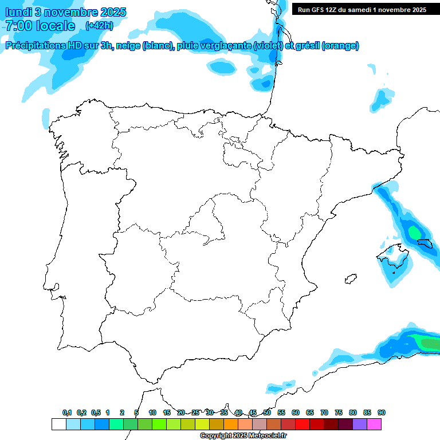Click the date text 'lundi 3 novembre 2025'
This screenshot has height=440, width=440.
click(66, 12)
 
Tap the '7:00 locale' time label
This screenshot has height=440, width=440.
click(40, 26)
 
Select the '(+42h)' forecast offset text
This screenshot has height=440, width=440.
click(99, 26)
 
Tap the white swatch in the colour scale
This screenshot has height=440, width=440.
click(58, 424)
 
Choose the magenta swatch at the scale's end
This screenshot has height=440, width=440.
click(374, 424)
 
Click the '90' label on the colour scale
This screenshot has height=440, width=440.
click(382, 412)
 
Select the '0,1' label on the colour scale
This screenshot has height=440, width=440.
click(66, 412)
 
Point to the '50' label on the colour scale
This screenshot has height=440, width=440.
click(267, 412)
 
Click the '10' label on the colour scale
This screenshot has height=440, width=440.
click(152, 412)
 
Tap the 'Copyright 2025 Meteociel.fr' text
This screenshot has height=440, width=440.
click(243, 435)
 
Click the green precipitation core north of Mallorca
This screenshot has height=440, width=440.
click(414, 232)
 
